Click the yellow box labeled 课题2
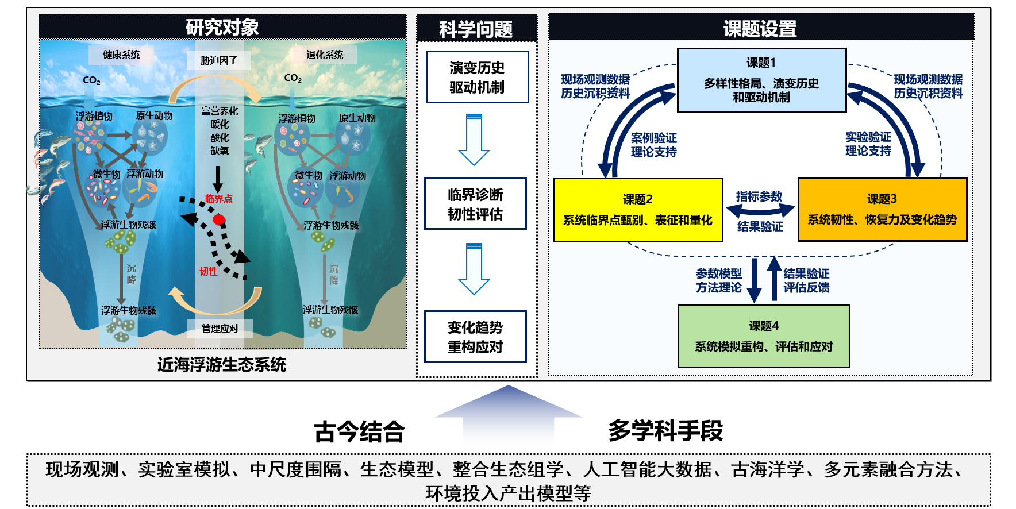pos(637,210)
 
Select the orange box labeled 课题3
pos(882,209)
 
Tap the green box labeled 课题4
pos(763,336)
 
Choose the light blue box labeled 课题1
pos(761,80)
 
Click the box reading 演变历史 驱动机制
pos(477,77)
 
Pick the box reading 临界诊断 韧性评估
pos(475,204)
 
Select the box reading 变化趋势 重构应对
pos(475,337)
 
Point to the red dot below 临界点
pos(218,219)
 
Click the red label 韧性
pos(209,271)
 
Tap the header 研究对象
pos(222,27)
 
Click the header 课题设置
pos(760,28)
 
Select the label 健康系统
pos(121,55)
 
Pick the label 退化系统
pos(325,55)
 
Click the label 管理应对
pos(220,329)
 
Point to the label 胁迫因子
pos(219,60)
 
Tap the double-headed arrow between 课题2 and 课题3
pos(760,211)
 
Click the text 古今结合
pos(359,432)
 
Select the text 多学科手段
pos(665,430)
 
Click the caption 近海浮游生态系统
pos(222,364)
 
